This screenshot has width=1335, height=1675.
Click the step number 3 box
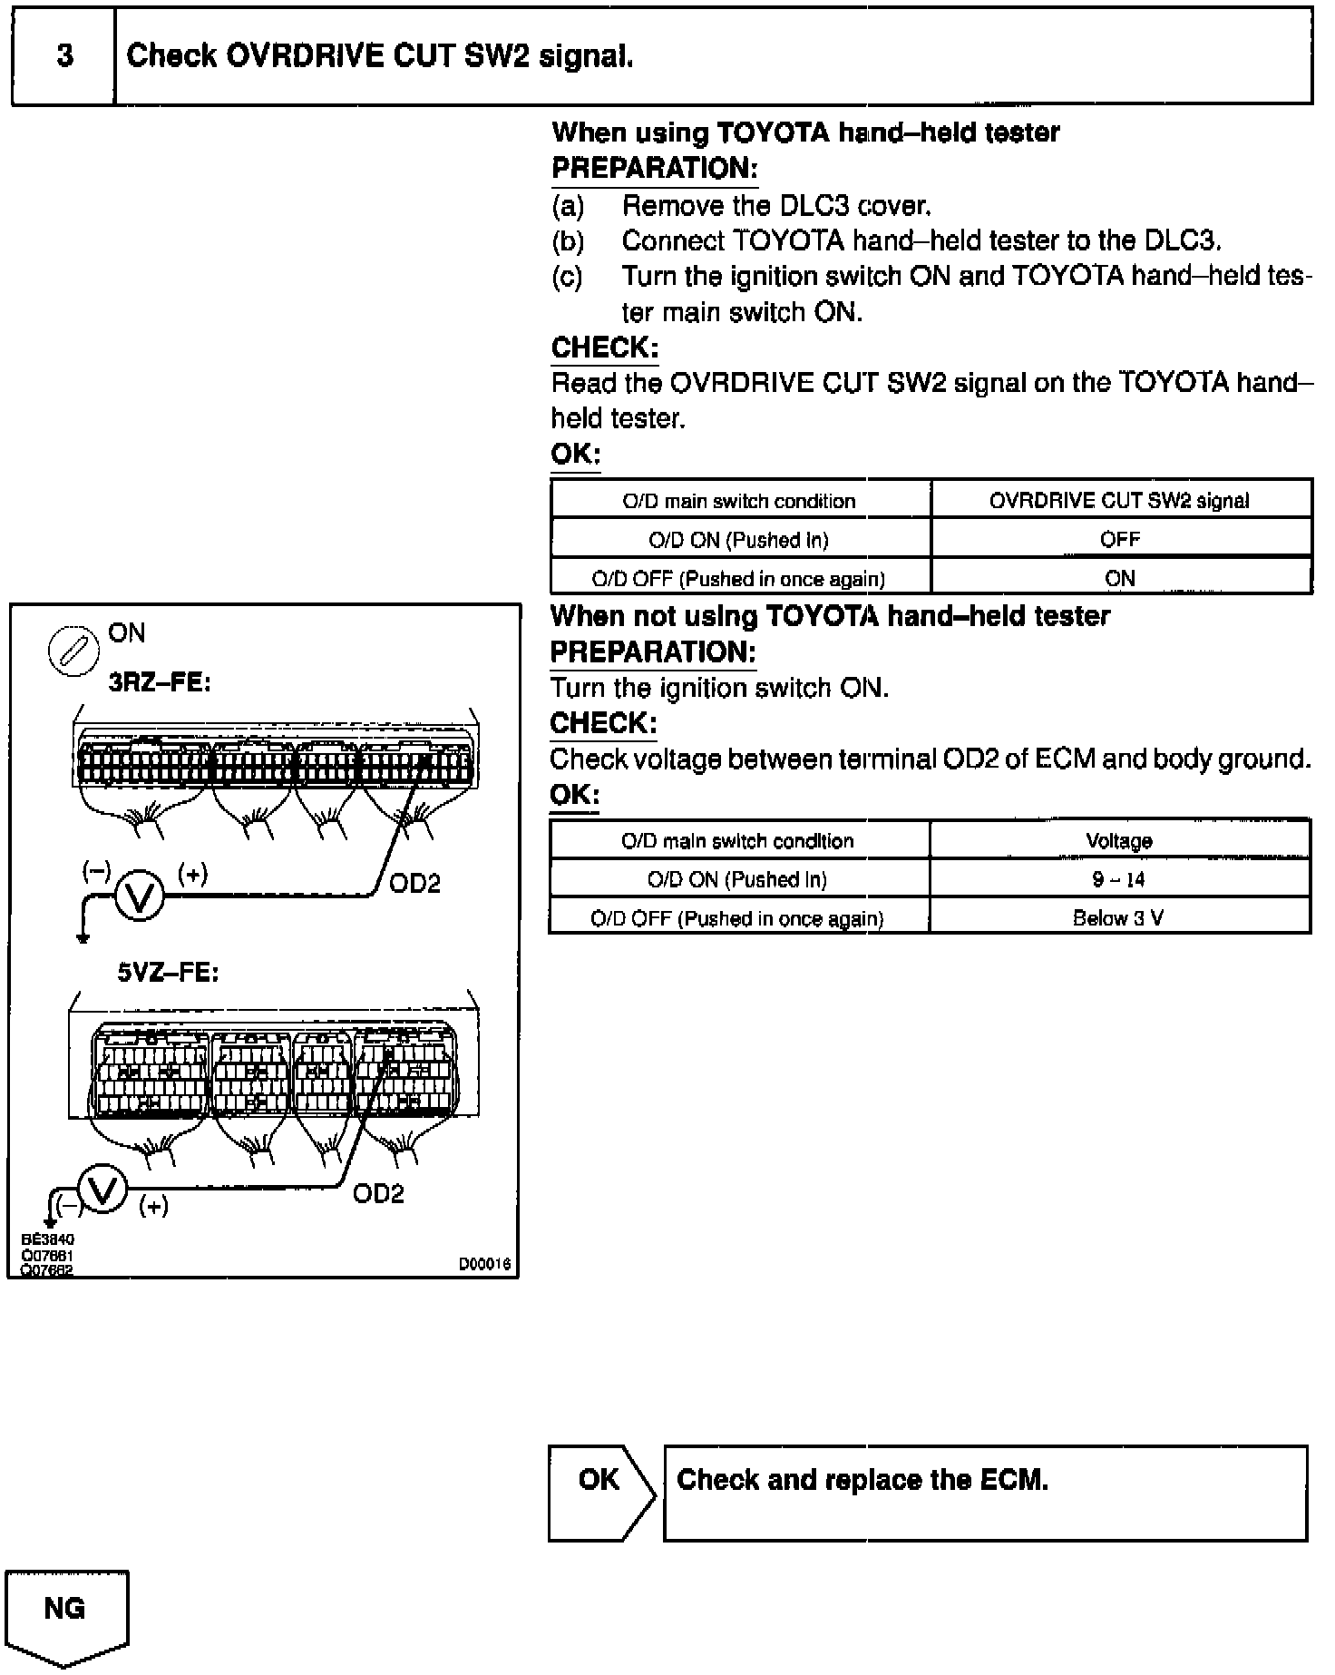click(x=63, y=56)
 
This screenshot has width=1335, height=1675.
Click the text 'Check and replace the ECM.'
click(x=862, y=1480)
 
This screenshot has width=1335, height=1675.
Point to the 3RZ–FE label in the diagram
click(x=159, y=682)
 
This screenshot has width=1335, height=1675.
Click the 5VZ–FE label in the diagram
click(x=168, y=973)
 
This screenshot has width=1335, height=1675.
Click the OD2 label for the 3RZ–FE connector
click(x=414, y=883)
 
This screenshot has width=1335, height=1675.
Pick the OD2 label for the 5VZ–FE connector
click(x=378, y=1193)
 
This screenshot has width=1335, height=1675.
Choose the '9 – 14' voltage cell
click(x=1118, y=879)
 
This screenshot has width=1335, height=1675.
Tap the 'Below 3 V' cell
click(x=1118, y=917)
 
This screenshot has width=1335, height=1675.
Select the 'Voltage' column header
click(x=1118, y=841)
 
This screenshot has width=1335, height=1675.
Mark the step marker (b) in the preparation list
click(x=568, y=241)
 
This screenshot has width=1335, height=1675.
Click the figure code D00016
click(x=484, y=1263)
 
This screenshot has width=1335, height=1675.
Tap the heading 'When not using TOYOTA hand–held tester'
click(x=830, y=617)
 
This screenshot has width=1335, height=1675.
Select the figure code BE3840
click(x=47, y=1239)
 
